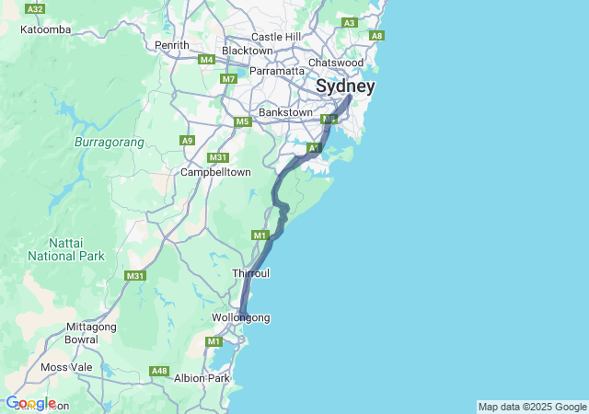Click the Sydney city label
pos(345,86)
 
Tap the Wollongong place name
pos(241,318)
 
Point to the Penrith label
pos(172,45)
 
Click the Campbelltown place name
pos(215,172)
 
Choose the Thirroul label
pos(250,273)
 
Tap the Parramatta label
pos(277,71)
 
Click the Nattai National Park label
pos(65,248)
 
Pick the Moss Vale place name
pos(66,367)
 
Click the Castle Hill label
pos(276,37)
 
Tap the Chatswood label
pos(336,63)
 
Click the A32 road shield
pos(36,8)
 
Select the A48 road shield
pos(160,372)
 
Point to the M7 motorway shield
pos(229,79)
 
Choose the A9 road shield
pos(188,141)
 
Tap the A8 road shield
pos(376,36)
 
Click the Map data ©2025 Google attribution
pos(532,407)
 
